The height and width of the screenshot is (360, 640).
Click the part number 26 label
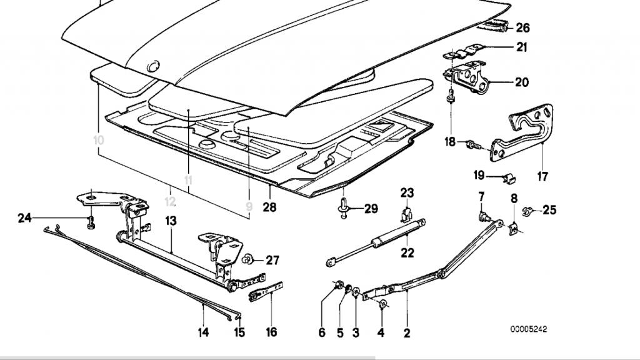click(x=522, y=27)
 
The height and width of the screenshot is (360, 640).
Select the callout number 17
click(x=542, y=177)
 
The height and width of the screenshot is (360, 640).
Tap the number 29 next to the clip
click(x=371, y=209)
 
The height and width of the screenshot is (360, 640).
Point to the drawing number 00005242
click(x=532, y=329)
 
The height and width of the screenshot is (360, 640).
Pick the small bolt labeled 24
click(x=91, y=221)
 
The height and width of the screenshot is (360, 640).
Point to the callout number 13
click(x=171, y=221)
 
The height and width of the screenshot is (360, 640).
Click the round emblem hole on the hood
click(x=152, y=66)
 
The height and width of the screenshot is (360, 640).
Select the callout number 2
click(x=407, y=333)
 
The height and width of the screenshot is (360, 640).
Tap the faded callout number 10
click(x=98, y=140)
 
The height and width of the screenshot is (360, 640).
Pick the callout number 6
click(x=322, y=333)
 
